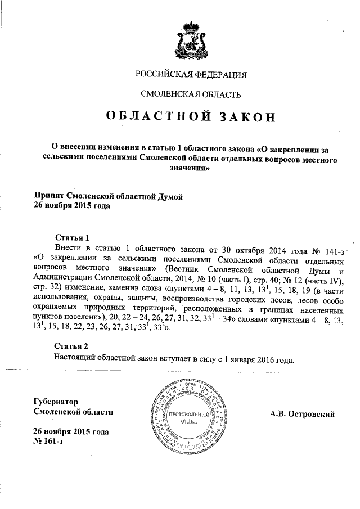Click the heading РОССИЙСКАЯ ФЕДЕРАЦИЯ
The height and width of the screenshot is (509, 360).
[191, 75]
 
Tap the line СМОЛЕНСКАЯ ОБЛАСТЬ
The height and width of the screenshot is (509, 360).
[190, 94]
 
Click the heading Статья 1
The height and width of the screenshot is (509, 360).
[71, 237]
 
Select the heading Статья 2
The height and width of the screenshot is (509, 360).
[71, 345]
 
